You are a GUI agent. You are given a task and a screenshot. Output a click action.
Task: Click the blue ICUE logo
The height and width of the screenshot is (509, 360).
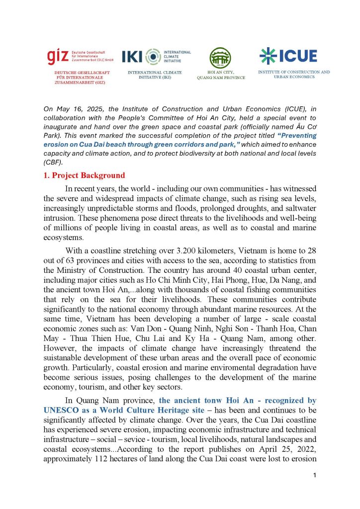[x=288, y=56]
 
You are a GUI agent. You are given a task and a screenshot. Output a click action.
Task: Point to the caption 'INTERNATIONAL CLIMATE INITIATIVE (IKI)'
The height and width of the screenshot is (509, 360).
[x=155, y=75]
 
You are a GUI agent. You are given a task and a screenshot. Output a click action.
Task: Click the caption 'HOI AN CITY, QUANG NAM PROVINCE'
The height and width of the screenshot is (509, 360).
[x=220, y=75]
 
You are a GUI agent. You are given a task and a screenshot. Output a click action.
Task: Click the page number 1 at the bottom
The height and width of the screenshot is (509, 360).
[x=315, y=476]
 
